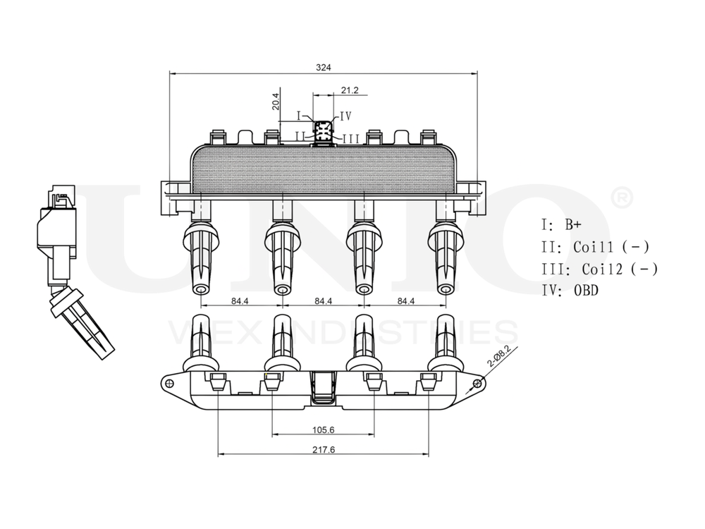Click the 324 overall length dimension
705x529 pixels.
point(323,67)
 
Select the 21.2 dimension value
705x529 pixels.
point(350,90)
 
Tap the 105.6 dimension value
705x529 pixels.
point(323,430)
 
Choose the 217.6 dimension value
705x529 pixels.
point(323,449)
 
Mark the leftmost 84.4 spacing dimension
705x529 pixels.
point(240,301)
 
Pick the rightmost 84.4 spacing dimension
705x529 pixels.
point(405,301)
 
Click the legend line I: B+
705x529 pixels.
point(562,225)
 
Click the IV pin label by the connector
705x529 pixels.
point(345,116)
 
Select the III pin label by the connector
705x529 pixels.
point(350,138)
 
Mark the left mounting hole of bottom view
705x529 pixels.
point(168,383)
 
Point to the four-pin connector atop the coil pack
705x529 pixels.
point(323,131)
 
